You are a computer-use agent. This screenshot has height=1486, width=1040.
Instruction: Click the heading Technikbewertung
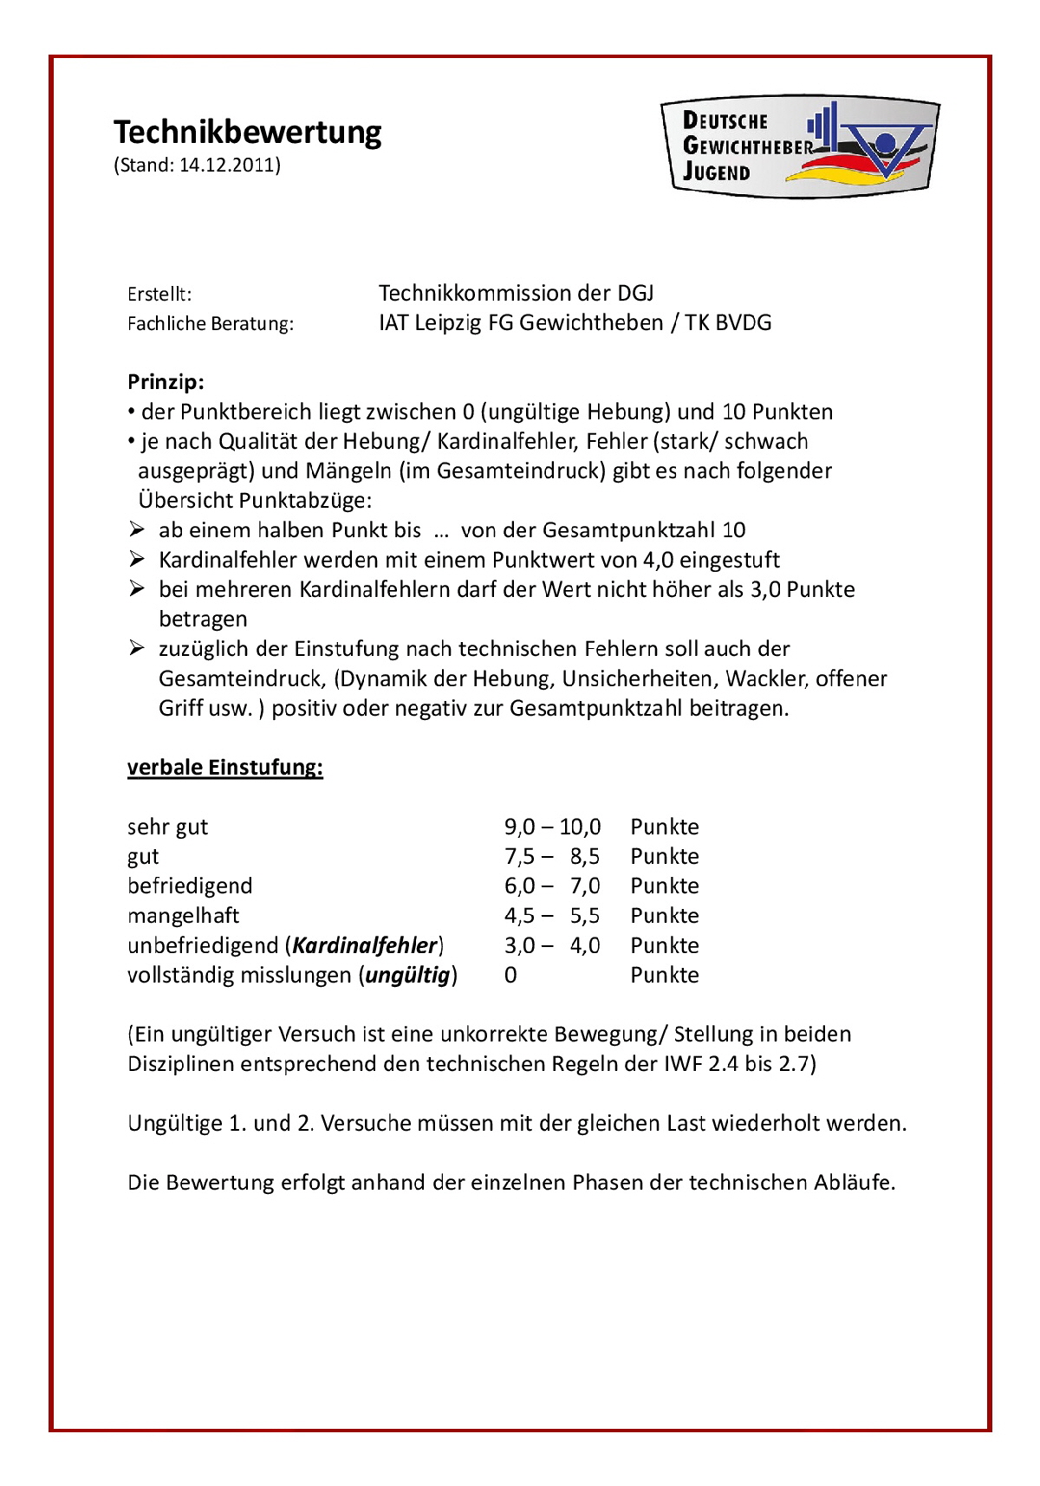[248, 133]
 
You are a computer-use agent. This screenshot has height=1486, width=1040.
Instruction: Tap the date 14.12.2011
[227, 165]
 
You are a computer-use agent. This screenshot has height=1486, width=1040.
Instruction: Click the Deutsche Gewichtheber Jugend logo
[799, 146]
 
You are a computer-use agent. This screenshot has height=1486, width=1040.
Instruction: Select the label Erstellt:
[159, 295]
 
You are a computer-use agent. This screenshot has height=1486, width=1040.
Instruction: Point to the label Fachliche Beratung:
[211, 324]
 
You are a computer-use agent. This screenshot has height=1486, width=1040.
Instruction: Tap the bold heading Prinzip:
[166, 382]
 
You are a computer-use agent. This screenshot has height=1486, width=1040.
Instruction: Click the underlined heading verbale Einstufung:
[225, 768]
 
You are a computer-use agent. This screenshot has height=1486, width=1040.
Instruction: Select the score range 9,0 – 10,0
[552, 827]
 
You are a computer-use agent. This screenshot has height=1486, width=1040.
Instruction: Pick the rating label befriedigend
[190, 886]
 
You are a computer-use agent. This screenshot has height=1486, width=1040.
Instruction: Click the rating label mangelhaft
[183, 916]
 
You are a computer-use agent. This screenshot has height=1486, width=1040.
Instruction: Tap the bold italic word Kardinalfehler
[365, 945]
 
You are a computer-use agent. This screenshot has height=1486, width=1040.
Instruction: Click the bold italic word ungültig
[407, 976]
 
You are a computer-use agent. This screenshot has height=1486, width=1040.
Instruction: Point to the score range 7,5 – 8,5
[552, 857]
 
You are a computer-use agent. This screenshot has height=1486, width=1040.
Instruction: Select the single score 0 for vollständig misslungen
[510, 976]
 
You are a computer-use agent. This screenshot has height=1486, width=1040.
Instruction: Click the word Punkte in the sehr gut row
[664, 827]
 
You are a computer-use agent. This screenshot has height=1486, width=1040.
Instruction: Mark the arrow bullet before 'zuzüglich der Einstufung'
[137, 648]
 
